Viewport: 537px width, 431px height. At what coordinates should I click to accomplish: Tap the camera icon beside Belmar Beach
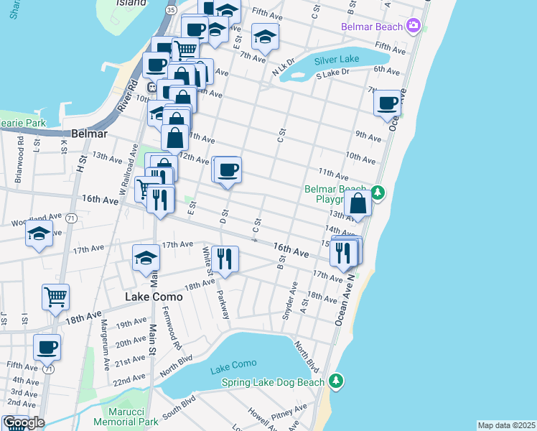click(x=412, y=27)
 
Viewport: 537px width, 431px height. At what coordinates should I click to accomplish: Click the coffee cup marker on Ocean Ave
click(x=388, y=103)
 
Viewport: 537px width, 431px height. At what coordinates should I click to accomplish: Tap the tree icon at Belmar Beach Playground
click(x=378, y=193)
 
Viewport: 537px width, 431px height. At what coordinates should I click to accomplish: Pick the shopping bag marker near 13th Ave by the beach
click(x=358, y=205)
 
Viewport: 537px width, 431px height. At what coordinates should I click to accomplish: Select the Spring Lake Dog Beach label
click(x=273, y=382)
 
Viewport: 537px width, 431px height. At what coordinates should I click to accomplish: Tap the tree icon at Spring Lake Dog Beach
click(x=335, y=381)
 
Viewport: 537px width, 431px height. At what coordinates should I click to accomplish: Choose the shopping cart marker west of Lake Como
click(x=55, y=297)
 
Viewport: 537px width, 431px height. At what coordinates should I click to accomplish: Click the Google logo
click(x=23, y=422)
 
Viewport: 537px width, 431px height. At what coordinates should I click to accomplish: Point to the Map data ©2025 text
click(x=506, y=425)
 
